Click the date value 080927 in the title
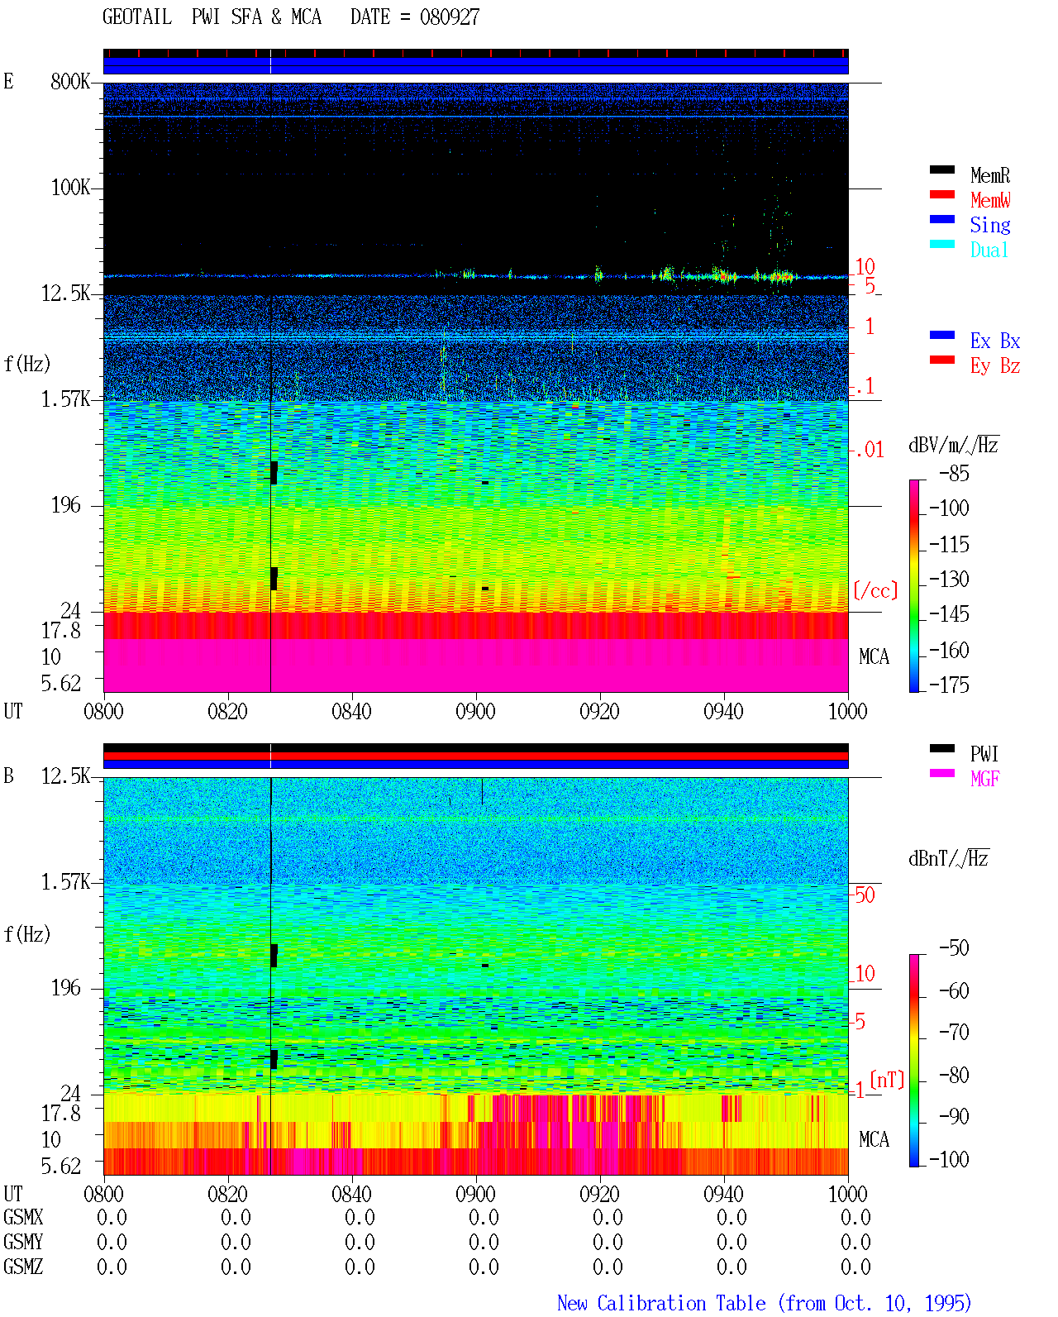click(x=449, y=17)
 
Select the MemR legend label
click(x=989, y=175)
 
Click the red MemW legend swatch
click(x=941, y=194)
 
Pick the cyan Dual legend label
click(x=989, y=250)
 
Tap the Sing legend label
click(x=989, y=225)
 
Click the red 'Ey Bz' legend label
click(x=994, y=366)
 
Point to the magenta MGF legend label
click(x=984, y=779)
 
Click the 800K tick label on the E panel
click(x=70, y=81)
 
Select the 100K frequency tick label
click(x=70, y=188)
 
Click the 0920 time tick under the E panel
click(x=599, y=711)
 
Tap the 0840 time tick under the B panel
click(x=351, y=1194)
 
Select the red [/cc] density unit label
click(x=875, y=590)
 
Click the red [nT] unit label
click(x=887, y=1080)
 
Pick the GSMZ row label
click(x=23, y=1267)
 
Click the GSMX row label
click(x=23, y=1217)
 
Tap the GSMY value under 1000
click(x=855, y=1242)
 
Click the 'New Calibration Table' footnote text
click(x=661, y=1304)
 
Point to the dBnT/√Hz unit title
click(x=948, y=858)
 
